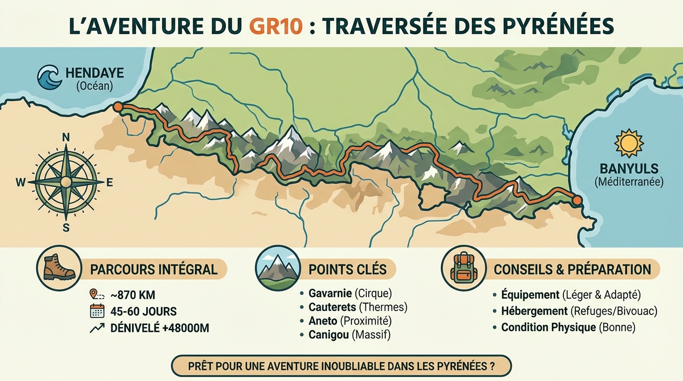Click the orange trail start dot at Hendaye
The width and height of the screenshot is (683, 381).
(x=118, y=107)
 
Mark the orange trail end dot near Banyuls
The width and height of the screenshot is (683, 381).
(x=577, y=200)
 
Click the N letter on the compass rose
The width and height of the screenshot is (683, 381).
(x=66, y=137)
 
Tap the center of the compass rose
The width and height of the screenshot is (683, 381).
(x=66, y=183)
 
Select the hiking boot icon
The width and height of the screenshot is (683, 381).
(x=59, y=268)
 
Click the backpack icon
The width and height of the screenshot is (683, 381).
(x=463, y=268)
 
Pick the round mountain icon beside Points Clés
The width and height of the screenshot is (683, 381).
(x=277, y=268)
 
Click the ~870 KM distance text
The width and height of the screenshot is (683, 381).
(x=133, y=295)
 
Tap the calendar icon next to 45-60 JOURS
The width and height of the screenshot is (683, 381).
(x=97, y=312)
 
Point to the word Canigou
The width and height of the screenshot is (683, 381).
(x=328, y=335)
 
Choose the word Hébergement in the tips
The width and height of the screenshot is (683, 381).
(x=534, y=311)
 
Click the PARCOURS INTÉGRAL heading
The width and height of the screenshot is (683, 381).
(x=153, y=269)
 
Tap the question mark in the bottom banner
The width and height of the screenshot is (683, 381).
(x=491, y=367)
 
